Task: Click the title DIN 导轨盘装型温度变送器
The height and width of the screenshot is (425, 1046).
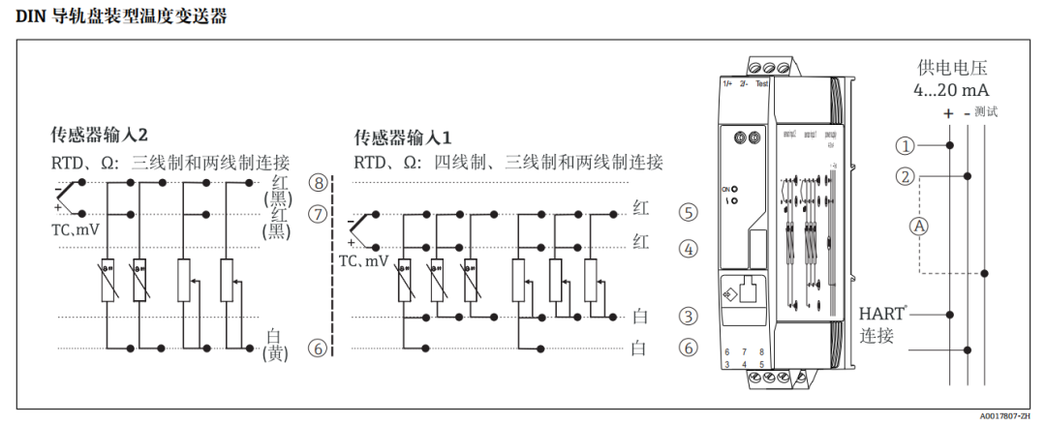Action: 121,15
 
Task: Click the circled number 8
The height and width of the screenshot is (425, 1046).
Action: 319,183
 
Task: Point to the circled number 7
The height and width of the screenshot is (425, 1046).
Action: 319,214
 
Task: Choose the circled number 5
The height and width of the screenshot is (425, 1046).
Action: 688,211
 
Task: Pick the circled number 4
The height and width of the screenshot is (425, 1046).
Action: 688,249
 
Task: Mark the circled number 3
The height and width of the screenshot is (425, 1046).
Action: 688,316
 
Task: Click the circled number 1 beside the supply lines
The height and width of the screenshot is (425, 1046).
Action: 905,146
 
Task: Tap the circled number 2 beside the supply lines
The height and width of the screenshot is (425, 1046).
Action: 905,177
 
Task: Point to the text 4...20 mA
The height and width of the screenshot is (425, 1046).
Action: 952,90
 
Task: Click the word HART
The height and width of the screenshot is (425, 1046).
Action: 882,314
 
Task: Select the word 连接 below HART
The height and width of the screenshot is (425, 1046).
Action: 877,336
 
